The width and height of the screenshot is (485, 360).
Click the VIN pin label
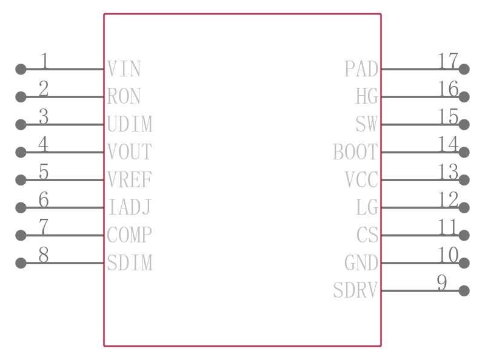point(124,68)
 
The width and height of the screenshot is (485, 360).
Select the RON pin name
point(124,96)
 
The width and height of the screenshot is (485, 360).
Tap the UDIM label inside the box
point(130,124)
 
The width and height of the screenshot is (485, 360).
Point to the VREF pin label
point(130,179)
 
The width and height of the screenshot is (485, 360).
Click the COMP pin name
point(129,235)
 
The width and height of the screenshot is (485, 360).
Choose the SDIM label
point(130,262)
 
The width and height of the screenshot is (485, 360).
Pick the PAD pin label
point(361,68)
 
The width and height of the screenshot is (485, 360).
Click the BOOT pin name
point(355,152)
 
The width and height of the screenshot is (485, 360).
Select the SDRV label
point(355,290)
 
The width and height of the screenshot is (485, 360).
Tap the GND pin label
point(361,262)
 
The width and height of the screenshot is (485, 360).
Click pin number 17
point(448,61)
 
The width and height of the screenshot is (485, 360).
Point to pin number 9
point(442,282)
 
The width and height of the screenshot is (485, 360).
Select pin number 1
point(44,61)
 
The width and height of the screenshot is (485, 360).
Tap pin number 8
point(44,255)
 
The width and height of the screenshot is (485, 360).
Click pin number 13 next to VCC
point(448,172)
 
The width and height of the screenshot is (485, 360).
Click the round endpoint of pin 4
point(21,152)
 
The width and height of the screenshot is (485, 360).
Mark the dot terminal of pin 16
point(464,97)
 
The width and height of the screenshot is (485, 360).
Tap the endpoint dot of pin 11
point(464,235)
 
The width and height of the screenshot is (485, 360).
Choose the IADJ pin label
point(130,207)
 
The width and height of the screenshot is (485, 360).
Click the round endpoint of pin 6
point(21,207)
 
